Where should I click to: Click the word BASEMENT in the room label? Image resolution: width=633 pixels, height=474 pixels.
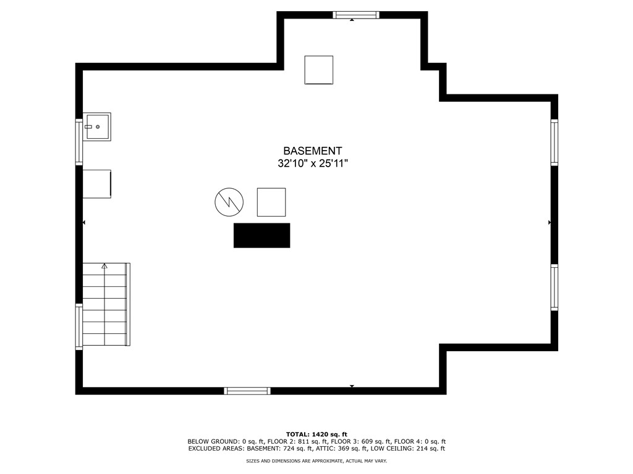click(x=312, y=151)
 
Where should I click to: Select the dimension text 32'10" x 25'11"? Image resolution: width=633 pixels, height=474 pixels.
click(x=313, y=164)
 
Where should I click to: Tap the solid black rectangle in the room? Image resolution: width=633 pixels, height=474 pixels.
click(x=261, y=235)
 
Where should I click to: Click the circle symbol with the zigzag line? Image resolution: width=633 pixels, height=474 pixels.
click(x=229, y=202)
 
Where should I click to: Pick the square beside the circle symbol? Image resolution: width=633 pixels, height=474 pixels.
click(x=271, y=202)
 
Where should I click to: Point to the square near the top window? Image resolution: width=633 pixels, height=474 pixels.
click(x=318, y=70)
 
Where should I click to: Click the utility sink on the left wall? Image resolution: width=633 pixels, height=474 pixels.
click(x=96, y=127)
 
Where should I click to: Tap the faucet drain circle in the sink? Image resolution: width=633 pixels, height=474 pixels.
click(x=98, y=127)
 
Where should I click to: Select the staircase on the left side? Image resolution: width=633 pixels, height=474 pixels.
click(x=106, y=304)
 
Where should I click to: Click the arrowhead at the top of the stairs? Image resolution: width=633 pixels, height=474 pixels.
click(x=104, y=265)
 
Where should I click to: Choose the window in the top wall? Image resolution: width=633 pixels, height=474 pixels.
click(x=356, y=15)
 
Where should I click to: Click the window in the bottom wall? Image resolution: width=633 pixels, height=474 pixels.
click(x=247, y=391)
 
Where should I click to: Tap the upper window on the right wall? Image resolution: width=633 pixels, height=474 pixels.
click(x=554, y=143)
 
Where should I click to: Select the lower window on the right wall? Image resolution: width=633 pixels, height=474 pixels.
click(x=554, y=288)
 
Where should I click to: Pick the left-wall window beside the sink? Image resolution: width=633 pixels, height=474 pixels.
click(x=79, y=142)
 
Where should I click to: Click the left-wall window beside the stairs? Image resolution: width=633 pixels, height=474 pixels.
click(x=79, y=326)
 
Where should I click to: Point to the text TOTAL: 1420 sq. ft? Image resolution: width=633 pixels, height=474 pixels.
click(x=316, y=434)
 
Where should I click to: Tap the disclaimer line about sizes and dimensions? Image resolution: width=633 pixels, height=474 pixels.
click(x=316, y=460)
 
